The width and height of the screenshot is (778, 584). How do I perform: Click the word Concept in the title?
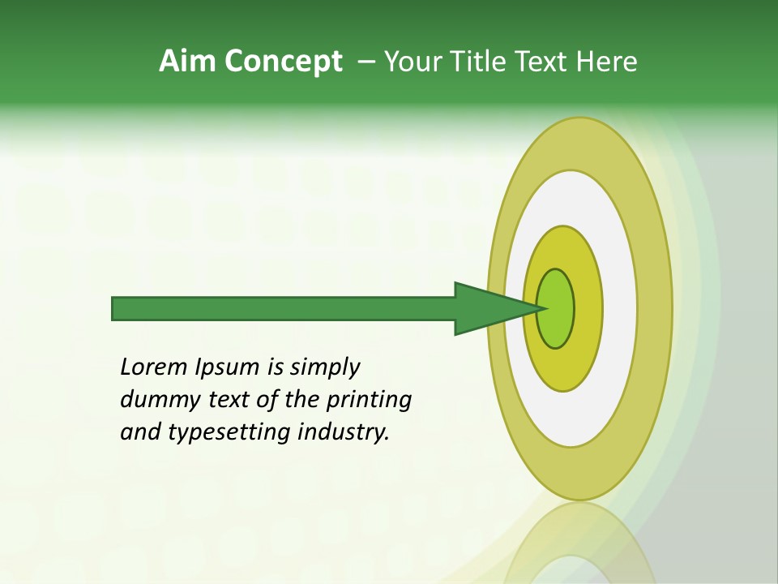(x=284, y=62)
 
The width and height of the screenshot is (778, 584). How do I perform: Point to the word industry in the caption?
(x=344, y=433)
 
